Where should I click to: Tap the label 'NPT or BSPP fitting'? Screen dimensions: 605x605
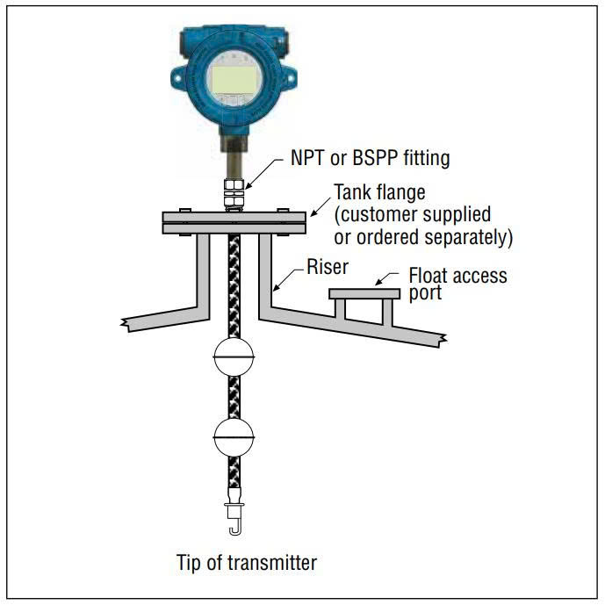pos(370,159)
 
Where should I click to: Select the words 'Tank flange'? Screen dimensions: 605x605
pos(378,192)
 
